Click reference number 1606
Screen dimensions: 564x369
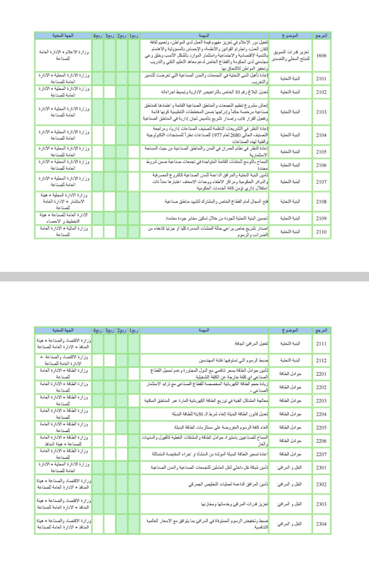pos(321,55)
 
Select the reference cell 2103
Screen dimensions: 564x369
pos(321,112)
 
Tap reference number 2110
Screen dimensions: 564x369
pos(321,231)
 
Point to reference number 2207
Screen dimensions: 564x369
pos(321,454)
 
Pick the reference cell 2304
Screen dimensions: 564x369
pos(321,523)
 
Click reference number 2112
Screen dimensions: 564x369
pos(321,361)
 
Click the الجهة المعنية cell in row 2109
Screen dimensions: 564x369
pos(63,218)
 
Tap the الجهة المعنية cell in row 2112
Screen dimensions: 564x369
pos(63,361)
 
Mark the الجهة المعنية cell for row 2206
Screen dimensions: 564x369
pos(63,441)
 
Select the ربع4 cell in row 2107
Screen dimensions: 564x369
pos(97,181)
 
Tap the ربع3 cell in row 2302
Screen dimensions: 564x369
pos(109,485)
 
